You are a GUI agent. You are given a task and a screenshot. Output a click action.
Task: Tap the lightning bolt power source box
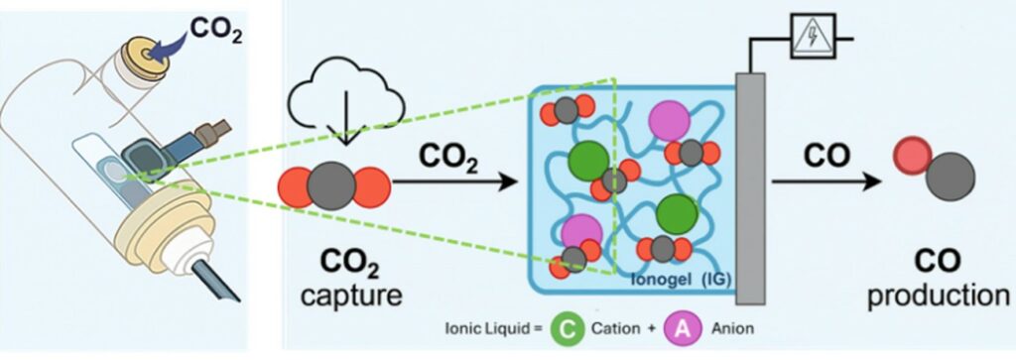point(812,37)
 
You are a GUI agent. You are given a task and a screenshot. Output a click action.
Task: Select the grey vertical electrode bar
point(750,188)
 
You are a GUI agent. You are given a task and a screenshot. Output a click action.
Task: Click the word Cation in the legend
point(615,329)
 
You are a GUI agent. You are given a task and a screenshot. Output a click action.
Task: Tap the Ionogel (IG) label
point(681,281)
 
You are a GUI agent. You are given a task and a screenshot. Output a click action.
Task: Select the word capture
point(351,297)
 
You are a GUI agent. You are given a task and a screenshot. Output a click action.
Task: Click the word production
point(939,297)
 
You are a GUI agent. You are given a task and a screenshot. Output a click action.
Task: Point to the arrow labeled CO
point(827,181)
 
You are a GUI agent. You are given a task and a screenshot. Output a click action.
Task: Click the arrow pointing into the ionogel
point(454,181)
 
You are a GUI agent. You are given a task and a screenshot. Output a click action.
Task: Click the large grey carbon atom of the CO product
point(950,177)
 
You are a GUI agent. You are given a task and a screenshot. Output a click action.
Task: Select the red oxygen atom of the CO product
point(911,156)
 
